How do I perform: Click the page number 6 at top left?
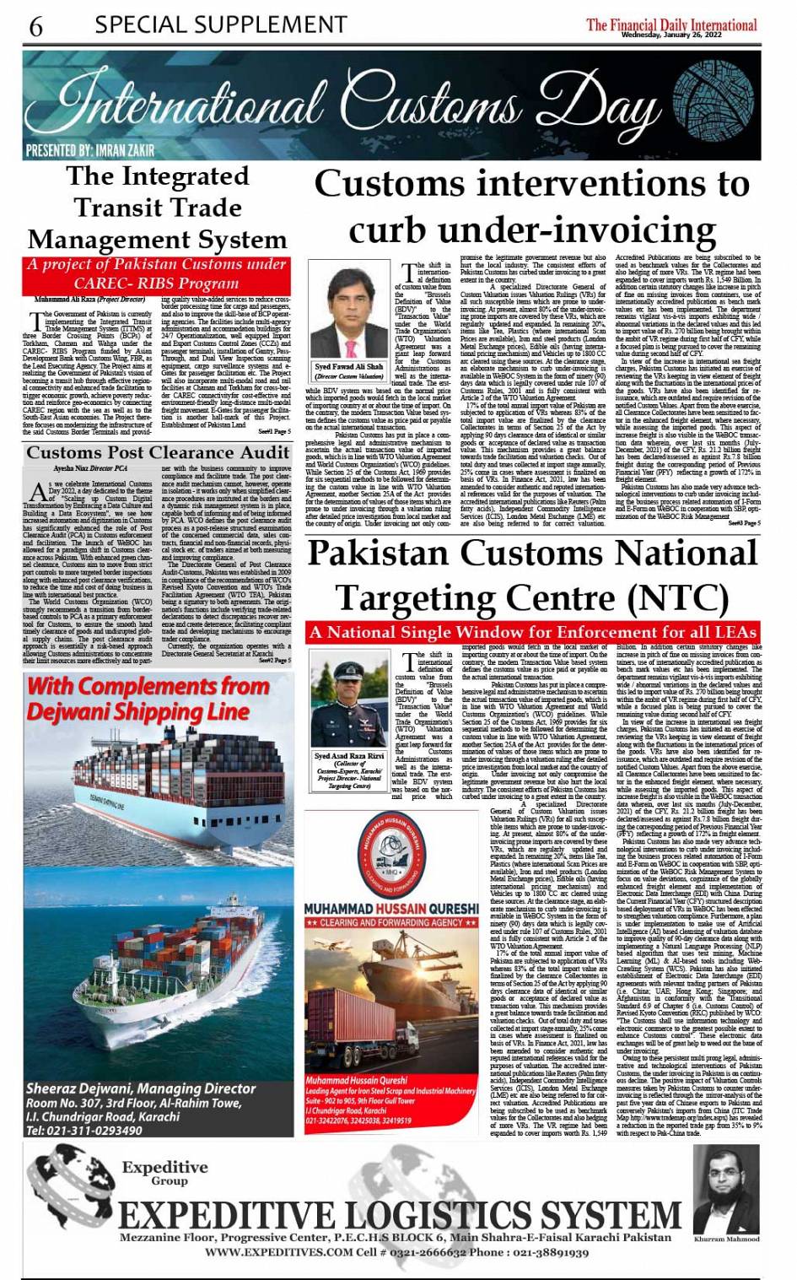click(35, 26)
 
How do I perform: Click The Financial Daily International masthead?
click(671, 25)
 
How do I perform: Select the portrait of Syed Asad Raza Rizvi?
click(348, 701)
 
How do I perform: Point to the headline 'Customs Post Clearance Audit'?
click(158, 452)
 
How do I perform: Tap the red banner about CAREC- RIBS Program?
click(157, 273)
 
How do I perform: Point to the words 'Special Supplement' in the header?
click(220, 24)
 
